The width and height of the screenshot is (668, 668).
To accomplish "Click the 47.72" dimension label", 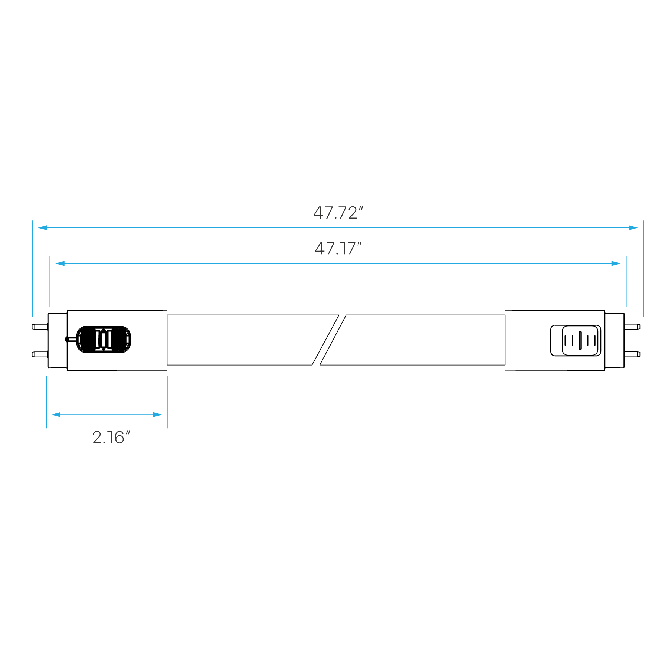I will pos(337,213).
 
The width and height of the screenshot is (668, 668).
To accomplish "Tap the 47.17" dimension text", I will pos(337,249).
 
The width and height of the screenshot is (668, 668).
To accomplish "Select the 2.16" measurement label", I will pos(111,438).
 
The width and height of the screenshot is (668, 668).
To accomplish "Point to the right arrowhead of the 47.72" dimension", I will pos(633,227).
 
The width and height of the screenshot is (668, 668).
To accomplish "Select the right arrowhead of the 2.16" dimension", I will pos(158,415).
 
